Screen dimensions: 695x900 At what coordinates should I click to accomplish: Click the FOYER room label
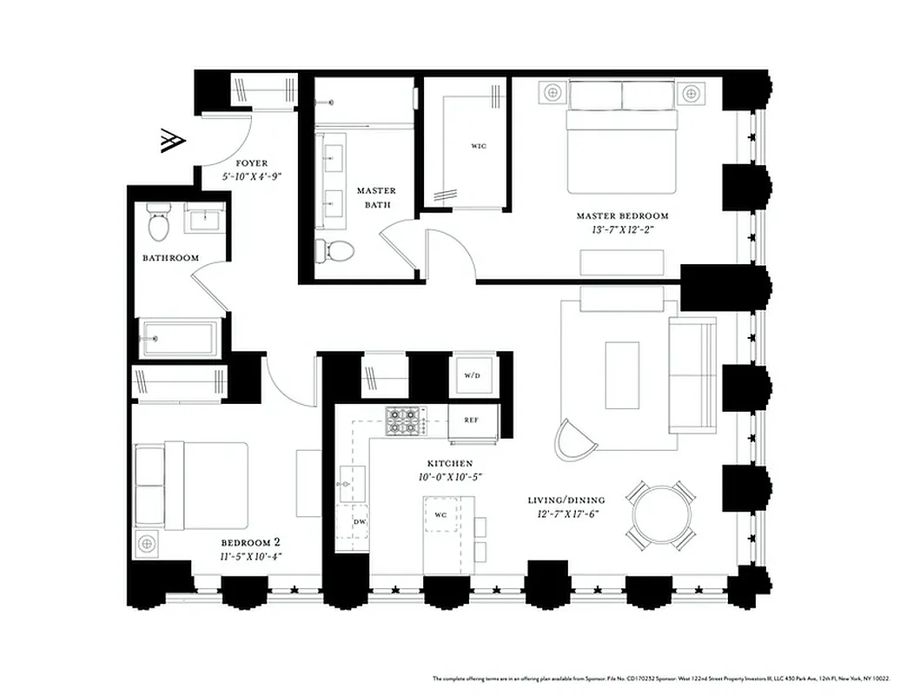pos(252,162)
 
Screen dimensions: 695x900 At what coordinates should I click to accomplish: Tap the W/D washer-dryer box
pos(473,376)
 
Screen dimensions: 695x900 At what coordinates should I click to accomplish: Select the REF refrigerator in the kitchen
pos(472,420)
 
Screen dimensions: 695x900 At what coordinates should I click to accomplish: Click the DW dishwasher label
pos(359,521)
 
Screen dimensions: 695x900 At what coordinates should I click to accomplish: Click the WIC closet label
pos(479,146)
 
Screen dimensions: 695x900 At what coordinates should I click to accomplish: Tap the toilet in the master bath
pos(336,251)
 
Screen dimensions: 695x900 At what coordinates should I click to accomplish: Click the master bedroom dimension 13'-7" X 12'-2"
pos(622,230)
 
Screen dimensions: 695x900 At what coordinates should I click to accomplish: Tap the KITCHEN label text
pos(449,464)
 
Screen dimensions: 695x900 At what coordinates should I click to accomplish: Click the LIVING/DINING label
pos(566,500)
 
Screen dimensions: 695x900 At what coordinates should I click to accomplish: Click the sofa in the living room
pos(692,374)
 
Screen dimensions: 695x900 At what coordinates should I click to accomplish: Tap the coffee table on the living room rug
pos(622,374)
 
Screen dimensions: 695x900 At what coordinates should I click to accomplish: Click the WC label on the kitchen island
pos(440,514)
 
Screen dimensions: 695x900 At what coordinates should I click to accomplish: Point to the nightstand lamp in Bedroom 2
pos(147,544)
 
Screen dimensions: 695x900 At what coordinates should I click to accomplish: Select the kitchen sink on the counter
pos(353,482)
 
